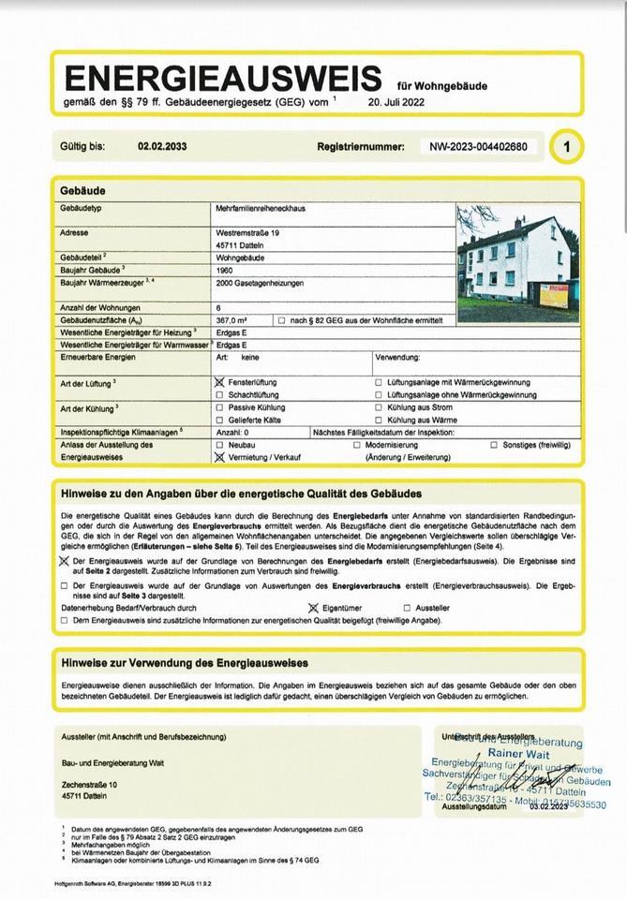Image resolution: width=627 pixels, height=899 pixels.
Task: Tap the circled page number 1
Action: point(566,146)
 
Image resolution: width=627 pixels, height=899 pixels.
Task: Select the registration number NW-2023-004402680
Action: point(478,146)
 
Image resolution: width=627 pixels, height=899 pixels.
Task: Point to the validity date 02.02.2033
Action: point(162,146)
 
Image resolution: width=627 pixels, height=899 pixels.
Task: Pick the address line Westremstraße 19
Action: point(247,231)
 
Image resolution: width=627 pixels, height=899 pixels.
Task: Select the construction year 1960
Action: point(225,269)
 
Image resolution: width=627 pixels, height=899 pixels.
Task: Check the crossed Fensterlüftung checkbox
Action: point(219,382)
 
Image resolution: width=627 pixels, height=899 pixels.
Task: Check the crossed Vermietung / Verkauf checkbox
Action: point(219,458)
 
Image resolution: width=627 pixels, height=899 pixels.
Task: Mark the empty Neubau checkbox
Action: point(219,445)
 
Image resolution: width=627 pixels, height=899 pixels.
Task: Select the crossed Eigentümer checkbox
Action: point(313,608)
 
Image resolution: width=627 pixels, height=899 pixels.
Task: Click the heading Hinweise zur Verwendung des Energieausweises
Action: point(185,662)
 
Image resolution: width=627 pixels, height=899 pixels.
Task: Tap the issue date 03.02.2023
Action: point(548,806)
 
